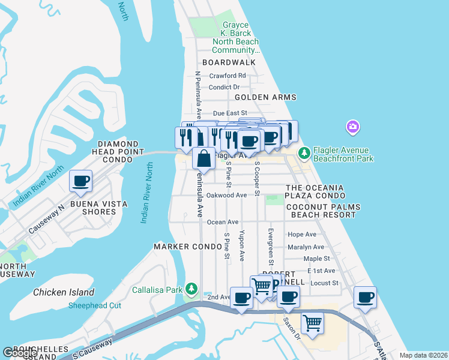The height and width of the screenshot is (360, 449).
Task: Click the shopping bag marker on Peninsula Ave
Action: pyautogui.click(x=204, y=159)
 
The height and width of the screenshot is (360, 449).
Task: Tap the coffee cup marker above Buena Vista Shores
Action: pyautogui.click(x=80, y=181)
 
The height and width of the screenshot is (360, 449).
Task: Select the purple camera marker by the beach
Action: pyautogui.click(x=353, y=127)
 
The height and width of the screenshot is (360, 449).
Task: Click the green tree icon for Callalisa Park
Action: pyautogui.click(x=191, y=289)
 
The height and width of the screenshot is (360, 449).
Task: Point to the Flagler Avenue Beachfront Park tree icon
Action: pyautogui.click(x=304, y=154)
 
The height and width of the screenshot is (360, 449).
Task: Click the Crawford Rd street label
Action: pyautogui.click(x=228, y=76)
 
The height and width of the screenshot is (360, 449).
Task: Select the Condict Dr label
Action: pyautogui.click(x=224, y=87)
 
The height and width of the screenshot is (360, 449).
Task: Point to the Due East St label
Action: pyautogui.click(x=230, y=113)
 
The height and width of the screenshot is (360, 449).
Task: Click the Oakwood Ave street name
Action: pyautogui.click(x=226, y=195)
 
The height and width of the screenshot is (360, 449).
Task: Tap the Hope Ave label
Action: pyautogui.click(x=302, y=234)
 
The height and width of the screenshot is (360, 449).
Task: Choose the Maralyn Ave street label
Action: pyautogui.click(x=306, y=247)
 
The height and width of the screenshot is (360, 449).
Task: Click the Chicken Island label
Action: pyautogui.click(x=64, y=292)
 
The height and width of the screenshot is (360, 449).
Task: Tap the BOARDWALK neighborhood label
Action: pyautogui.click(x=229, y=62)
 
